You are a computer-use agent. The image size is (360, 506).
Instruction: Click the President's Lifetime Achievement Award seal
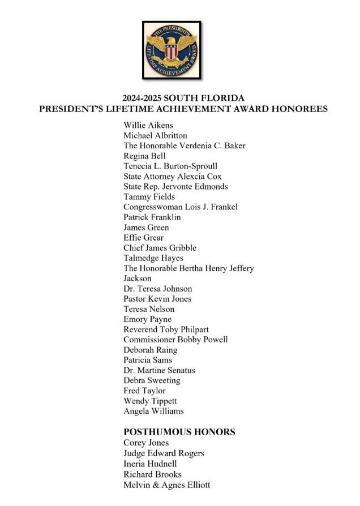click(x=171, y=50)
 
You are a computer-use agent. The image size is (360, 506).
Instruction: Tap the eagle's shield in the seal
click(x=171, y=52)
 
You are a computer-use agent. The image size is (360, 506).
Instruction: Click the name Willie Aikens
click(x=148, y=125)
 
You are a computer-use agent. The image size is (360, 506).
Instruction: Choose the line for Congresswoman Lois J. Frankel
click(x=180, y=207)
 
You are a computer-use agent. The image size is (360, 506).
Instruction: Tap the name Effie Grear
click(x=143, y=238)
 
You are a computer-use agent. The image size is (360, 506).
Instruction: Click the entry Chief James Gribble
click(x=160, y=248)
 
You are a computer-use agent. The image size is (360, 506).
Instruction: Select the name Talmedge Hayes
click(x=153, y=258)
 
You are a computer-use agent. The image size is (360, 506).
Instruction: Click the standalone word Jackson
click(x=138, y=278)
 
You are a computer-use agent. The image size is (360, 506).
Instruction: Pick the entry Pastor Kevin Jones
click(x=157, y=299)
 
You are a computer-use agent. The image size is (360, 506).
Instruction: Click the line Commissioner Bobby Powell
click(x=175, y=340)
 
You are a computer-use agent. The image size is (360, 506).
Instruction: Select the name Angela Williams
click(x=153, y=411)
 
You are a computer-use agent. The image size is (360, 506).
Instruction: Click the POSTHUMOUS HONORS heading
click(x=179, y=432)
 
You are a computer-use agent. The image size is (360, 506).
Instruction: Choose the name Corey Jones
click(x=146, y=443)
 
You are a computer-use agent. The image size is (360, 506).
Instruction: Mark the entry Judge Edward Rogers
click(x=164, y=453)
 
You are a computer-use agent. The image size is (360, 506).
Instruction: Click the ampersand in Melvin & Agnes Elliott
click(x=153, y=484)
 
